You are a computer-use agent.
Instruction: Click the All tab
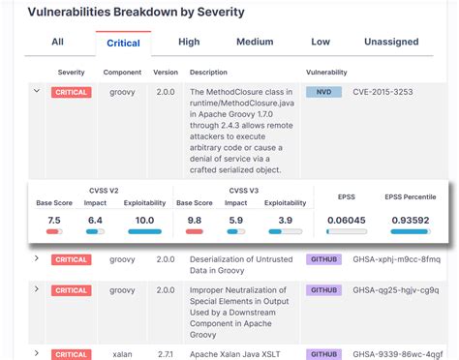57,43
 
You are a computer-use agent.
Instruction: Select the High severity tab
189,43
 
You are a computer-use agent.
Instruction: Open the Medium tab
255,43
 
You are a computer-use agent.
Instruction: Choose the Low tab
321,43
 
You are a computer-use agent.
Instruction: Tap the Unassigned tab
391,43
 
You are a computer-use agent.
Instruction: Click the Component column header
123,73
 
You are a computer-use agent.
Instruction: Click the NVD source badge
323,92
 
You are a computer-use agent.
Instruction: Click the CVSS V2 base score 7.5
54,220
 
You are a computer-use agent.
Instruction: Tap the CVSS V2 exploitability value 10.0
144,220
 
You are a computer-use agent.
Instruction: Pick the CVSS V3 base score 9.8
195,220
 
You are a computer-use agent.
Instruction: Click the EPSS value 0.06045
346,220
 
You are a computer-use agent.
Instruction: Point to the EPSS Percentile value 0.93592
411,220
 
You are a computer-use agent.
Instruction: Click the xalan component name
122,354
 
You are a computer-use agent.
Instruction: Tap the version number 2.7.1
166,354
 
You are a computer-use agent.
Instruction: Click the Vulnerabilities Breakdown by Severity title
136,13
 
